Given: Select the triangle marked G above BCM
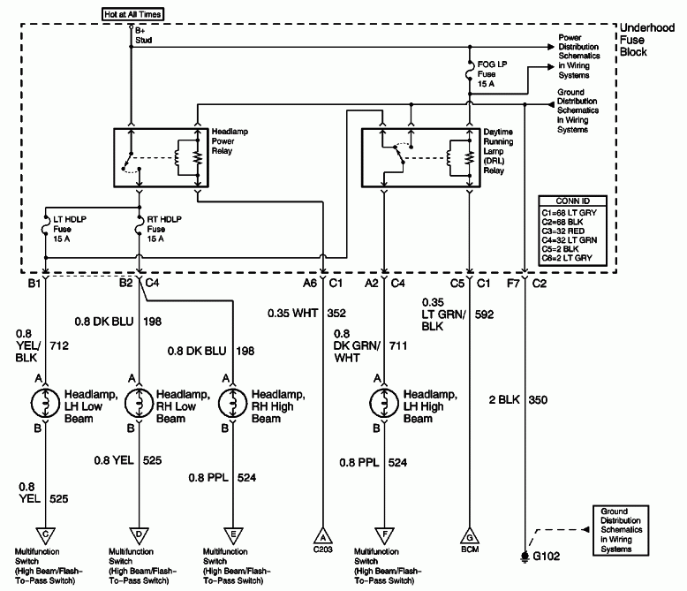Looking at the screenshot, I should [469, 535].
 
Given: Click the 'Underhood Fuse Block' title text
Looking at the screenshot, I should [646, 40].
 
